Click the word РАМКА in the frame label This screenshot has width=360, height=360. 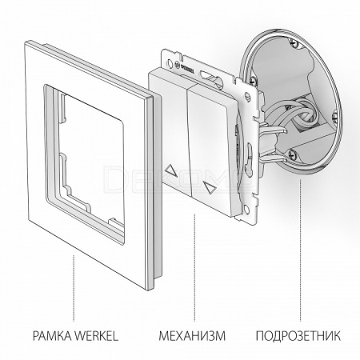click(52, 336)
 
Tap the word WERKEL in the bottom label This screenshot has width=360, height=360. click(96, 336)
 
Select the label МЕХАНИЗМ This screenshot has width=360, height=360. click(192, 336)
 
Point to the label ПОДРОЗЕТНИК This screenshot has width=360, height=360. click(298, 336)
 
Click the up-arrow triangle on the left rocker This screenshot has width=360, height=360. click(171, 170)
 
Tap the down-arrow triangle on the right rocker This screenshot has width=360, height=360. click(210, 187)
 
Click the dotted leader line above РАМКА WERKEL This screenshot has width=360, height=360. click(74, 288)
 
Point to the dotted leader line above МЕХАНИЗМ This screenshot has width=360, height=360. click(194, 267)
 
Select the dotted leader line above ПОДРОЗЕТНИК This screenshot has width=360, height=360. click(301, 250)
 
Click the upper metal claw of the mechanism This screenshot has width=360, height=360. click(274, 130)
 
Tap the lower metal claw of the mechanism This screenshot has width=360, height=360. click(274, 159)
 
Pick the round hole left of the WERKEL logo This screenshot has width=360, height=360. click(170, 63)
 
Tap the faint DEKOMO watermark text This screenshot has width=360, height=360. click(179, 178)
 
